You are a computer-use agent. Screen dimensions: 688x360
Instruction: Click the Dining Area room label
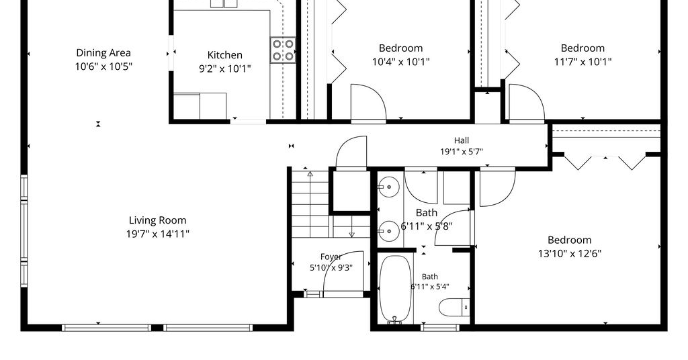pyautogui.click(x=103, y=53)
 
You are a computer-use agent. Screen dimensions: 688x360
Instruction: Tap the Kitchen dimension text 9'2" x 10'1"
pyautogui.click(x=225, y=69)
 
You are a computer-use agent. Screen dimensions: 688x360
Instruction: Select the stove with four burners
pyautogui.click(x=283, y=50)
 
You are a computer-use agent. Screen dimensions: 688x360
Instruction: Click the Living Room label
pyautogui.click(x=157, y=220)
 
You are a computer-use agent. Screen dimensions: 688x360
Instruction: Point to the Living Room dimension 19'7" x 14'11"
pyautogui.click(x=157, y=234)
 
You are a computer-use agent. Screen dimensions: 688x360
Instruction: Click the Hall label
pyautogui.click(x=461, y=140)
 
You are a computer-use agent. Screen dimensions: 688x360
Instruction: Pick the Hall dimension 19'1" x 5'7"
pyautogui.click(x=462, y=152)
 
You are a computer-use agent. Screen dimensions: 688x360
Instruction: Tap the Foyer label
pyautogui.click(x=331, y=257)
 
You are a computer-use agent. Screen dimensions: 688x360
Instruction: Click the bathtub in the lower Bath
pyautogui.click(x=395, y=289)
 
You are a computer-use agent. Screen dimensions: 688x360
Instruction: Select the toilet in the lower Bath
pyautogui.click(x=455, y=307)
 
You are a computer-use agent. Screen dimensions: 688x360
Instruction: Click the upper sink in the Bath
pyautogui.click(x=388, y=187)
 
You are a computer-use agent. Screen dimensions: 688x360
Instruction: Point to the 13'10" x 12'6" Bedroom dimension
pyautogui.click(x=570, y=253)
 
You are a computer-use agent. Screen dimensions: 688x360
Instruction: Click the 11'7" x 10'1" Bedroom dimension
pyautogui.click(x=583, y=62)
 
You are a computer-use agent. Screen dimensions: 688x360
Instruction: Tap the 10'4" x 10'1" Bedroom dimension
pyautogui.click(x=401, y=62)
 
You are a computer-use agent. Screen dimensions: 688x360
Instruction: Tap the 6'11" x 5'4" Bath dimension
pyautogui.click(x=430, y=287)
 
